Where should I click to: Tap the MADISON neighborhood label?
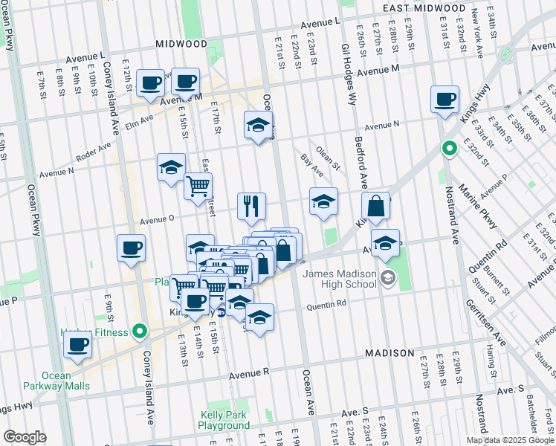[x=389, y=352]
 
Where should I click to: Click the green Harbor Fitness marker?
[x=140, y=331]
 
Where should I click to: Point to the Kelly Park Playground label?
[x=224, y=420]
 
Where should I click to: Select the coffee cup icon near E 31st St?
[x=445, y=100]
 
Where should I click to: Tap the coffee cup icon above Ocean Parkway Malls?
[x=77, y=344]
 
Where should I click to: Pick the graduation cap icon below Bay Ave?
[x=323, y=201]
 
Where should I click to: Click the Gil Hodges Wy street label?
[x=346, y=67]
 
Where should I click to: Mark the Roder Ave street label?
[x=94, y=156]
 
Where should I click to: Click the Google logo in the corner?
[x=25, y=437]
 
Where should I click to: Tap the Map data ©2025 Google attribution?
[x=509, y=440]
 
